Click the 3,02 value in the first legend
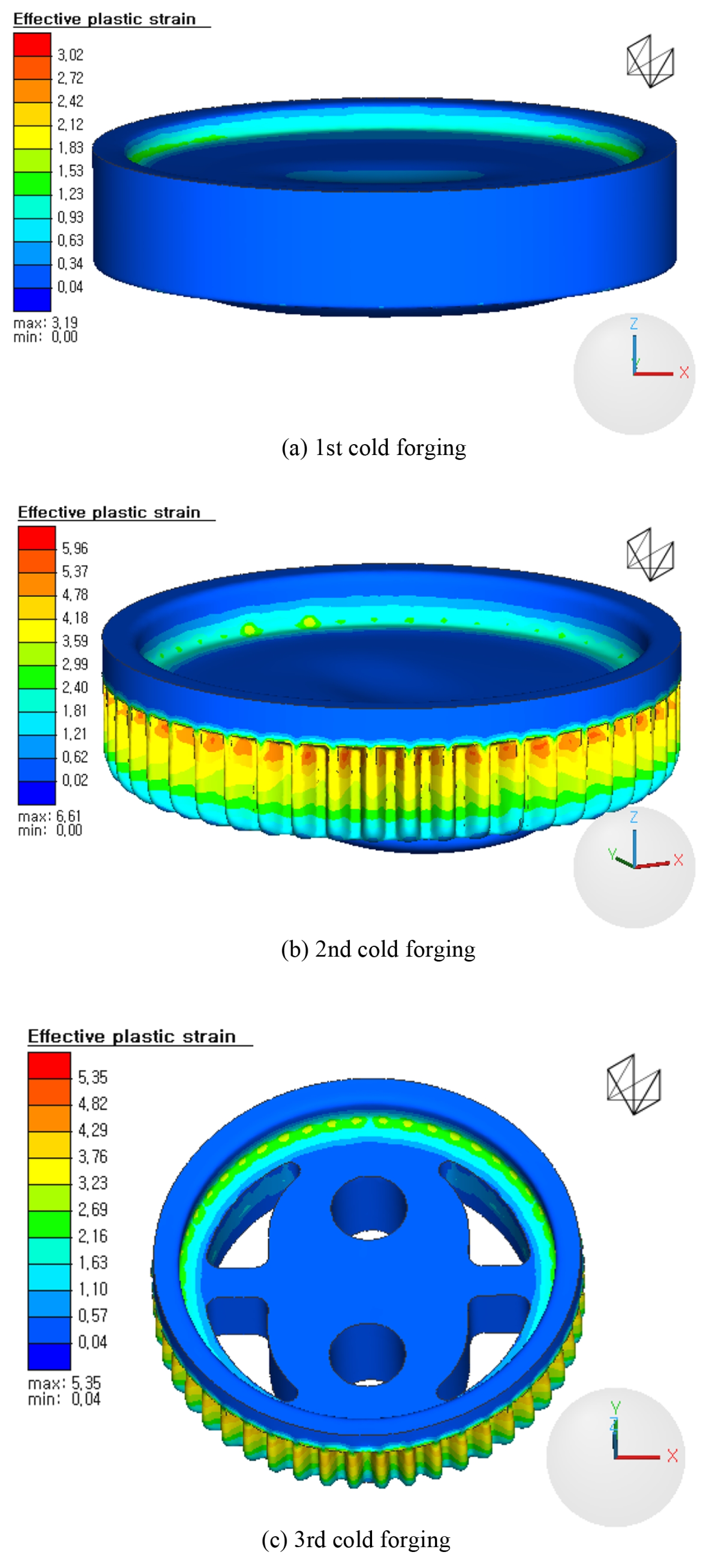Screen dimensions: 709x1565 tap(71, 55)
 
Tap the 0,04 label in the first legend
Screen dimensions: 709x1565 tap(71, 287)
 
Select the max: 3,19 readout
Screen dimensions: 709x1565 tap(46, 323)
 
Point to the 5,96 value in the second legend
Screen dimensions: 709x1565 tap(75, 549)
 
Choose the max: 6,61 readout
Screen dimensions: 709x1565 tap(50, 816)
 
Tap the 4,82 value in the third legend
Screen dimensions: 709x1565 tap(93, 1103)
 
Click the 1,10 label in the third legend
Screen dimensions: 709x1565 tap(93, 1289)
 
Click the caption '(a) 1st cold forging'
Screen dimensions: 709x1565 tap(374, 448)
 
